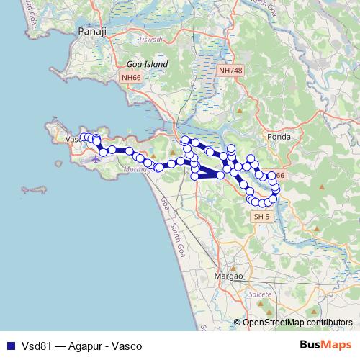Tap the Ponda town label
tap(278, 137)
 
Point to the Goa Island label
tap(147, 64)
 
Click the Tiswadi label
tap(152, 40)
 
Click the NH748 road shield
tap(230, 71)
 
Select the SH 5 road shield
tap(261, 215)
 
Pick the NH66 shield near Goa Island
tap(130, 77)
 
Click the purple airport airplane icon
tap(96, 158)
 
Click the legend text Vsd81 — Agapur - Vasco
tap(81, 346)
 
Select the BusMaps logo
tap(325, 345)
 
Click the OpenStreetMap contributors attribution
tap(297, 323)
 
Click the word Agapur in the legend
tap(86, 346)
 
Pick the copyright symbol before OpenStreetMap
tap(238, 323)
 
